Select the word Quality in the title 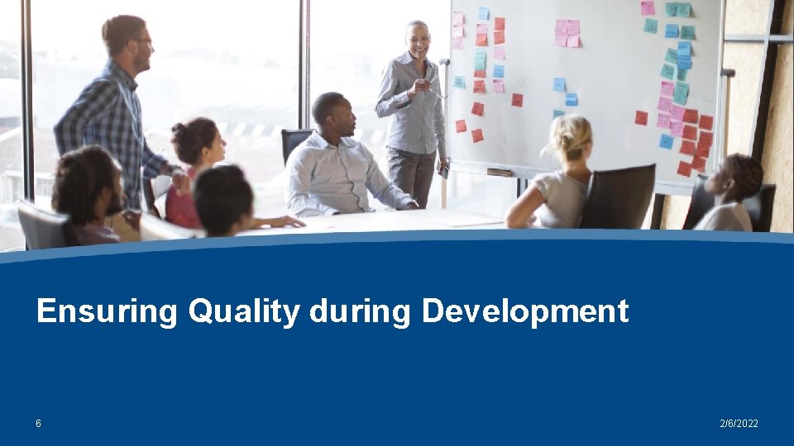(x=244, y=312)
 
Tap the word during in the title (x=360, y=312)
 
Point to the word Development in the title (x=524, y=312)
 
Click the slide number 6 (x=38, y=424)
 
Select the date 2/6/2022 (x=739, y=424)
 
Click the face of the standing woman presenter (x=418, y=40)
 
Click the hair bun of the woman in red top (x=179, y=130)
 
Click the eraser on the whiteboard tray (x=499, y=172)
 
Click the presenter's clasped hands (x=421, y=85)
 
